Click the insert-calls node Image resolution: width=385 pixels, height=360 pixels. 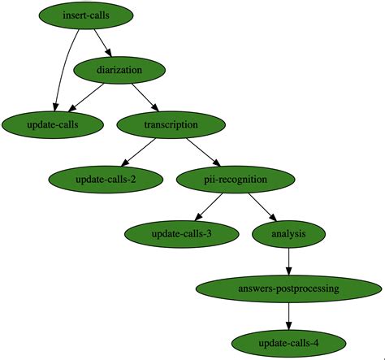[87, 15]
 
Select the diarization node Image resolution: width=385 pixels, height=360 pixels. [119, 70]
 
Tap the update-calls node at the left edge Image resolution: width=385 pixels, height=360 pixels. [53, 124]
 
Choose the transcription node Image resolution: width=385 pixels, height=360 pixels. [170, 124]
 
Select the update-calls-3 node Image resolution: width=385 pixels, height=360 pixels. [181, 233]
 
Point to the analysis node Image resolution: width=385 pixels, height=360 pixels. [289, 233]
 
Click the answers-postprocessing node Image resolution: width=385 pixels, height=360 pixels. [289, 288]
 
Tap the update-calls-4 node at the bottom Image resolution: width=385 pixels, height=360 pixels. [289, 342]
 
